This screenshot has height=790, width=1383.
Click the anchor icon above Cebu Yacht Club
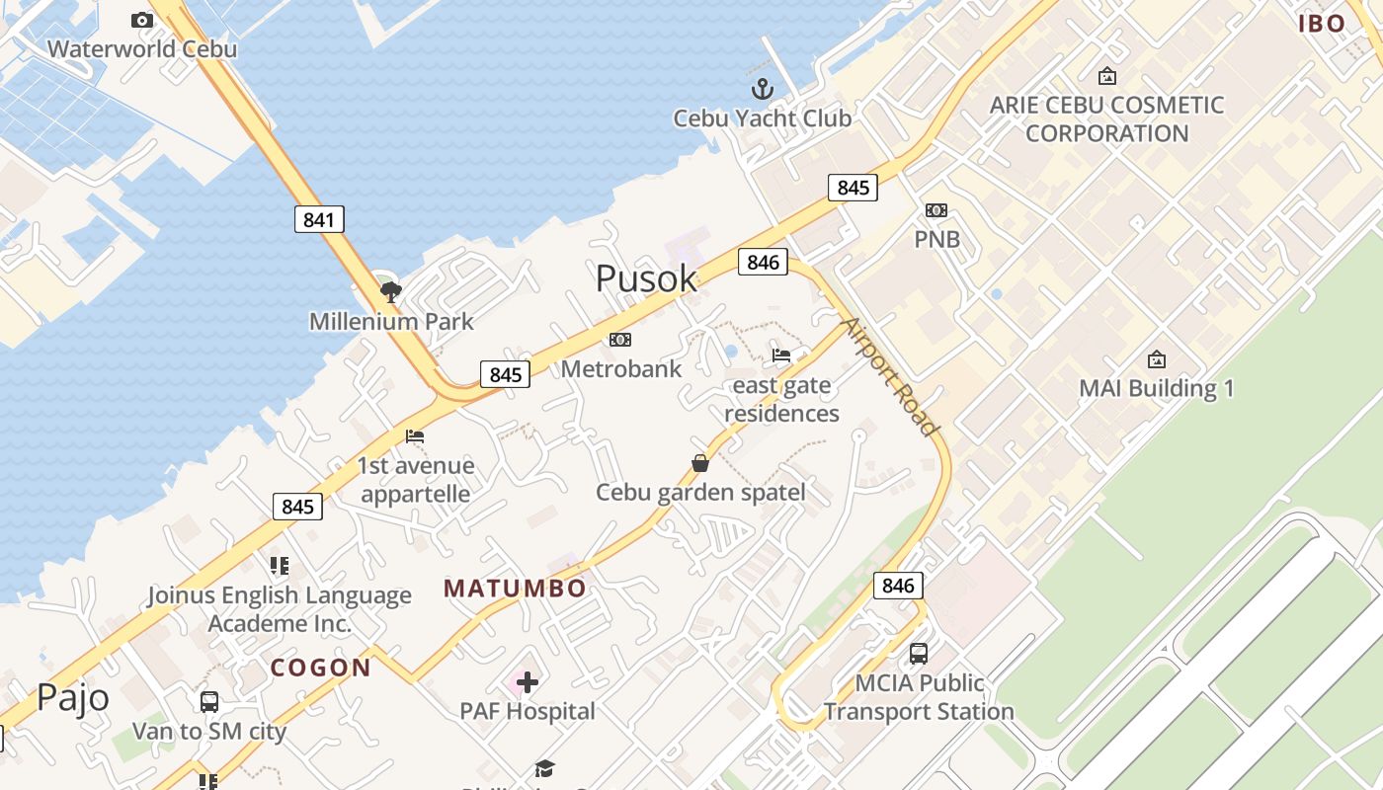tap(762, 90)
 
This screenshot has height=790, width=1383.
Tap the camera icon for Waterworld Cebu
tap(142, 20)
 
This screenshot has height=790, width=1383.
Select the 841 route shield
tap(319, 219)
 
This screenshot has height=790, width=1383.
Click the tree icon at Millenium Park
tap(391, 291)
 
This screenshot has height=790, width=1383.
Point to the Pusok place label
tap(646, 278)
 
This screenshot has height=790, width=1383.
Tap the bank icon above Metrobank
tap(620, 340)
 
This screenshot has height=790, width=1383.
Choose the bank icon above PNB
tap(936, 210)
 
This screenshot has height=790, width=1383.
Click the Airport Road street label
tap(888, 376)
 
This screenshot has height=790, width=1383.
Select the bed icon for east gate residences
tap(781, 355)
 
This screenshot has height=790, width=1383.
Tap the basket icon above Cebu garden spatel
tap(699, 462)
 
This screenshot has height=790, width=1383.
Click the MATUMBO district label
tap(515, 589)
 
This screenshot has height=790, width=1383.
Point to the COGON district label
tap(321, 668)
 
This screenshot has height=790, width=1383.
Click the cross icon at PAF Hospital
tap(528, 681)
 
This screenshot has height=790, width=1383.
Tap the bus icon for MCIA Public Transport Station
tap(919, 653)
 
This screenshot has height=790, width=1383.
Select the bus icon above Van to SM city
tap(209, 702)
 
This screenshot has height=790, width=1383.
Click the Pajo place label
tap(73, 697)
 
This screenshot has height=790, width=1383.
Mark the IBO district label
tap(1322, 24)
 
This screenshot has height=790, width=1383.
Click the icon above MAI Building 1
tap(1156, 359)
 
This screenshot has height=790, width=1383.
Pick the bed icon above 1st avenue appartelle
tap(415, 435)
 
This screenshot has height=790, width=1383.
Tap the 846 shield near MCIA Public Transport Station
tap(898, 586)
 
